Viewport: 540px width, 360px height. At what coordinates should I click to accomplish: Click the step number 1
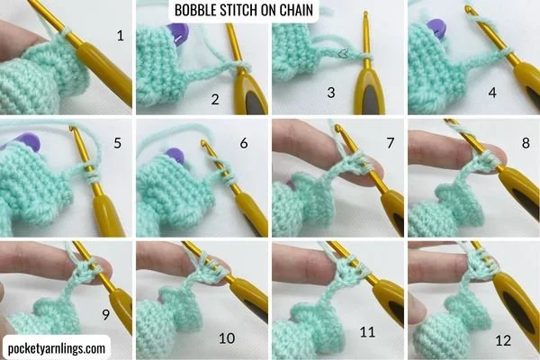click(x=121, y=35)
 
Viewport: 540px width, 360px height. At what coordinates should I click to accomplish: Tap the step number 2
click(x=215, y=99)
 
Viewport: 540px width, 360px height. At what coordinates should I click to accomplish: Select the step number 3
click(x=331, y=93)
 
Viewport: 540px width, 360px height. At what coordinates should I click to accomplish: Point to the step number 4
click(x=492, y=93)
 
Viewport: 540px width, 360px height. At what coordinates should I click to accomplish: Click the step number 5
click(x=118, y=142)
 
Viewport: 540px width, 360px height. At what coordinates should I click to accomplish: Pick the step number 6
click(x=244, y=142)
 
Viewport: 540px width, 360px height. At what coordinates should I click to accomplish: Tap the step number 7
click(x=391, y=142)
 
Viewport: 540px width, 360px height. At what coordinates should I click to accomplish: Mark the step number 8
click(x=526, y=142)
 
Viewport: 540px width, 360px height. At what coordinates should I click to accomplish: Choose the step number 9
click(x=105, y=314)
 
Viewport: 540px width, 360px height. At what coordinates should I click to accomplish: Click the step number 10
click(x=227, y=338)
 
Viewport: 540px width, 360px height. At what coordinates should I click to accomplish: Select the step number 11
click(x=367, y=332)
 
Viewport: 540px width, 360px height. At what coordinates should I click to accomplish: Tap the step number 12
click(x=503, y=340)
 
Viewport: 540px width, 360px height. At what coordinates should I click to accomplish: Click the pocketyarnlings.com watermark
click(x=57, y=348)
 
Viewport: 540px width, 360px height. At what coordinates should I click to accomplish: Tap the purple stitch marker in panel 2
click(x=177, y=32)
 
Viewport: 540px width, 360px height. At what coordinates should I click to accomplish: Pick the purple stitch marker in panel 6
click(x=175, y=156)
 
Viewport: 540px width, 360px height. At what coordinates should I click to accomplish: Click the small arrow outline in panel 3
click(x=344, y=53)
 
